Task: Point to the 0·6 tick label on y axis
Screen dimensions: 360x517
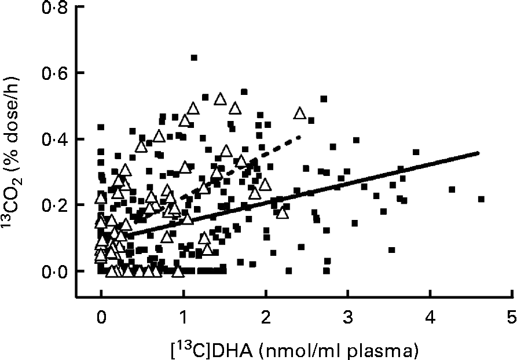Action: click(x=56, y=74)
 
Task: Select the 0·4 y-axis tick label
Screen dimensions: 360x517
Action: click(x=56, y=139)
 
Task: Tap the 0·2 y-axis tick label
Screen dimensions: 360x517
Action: click(x=56, y=205)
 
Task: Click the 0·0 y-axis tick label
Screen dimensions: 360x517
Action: click(x=56, y=271)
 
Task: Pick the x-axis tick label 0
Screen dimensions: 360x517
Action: click(x=101, y=319)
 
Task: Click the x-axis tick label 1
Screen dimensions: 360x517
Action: click(x=184, y=319)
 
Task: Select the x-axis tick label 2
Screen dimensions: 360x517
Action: click(x=266, y=319)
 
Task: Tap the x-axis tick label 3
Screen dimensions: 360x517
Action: click(x=348, y=319)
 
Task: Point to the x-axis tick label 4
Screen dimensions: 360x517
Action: click(x=430, y=319)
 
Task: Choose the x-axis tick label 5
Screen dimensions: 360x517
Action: click(x=512, y=319)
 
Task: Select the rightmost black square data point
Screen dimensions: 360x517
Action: click(x=481, y=199)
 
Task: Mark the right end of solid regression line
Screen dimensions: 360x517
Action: click(x=479, y=153)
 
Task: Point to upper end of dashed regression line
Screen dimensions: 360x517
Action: click(x=300, y=137)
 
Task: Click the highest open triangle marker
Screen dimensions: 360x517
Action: click(x=219, y=99)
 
